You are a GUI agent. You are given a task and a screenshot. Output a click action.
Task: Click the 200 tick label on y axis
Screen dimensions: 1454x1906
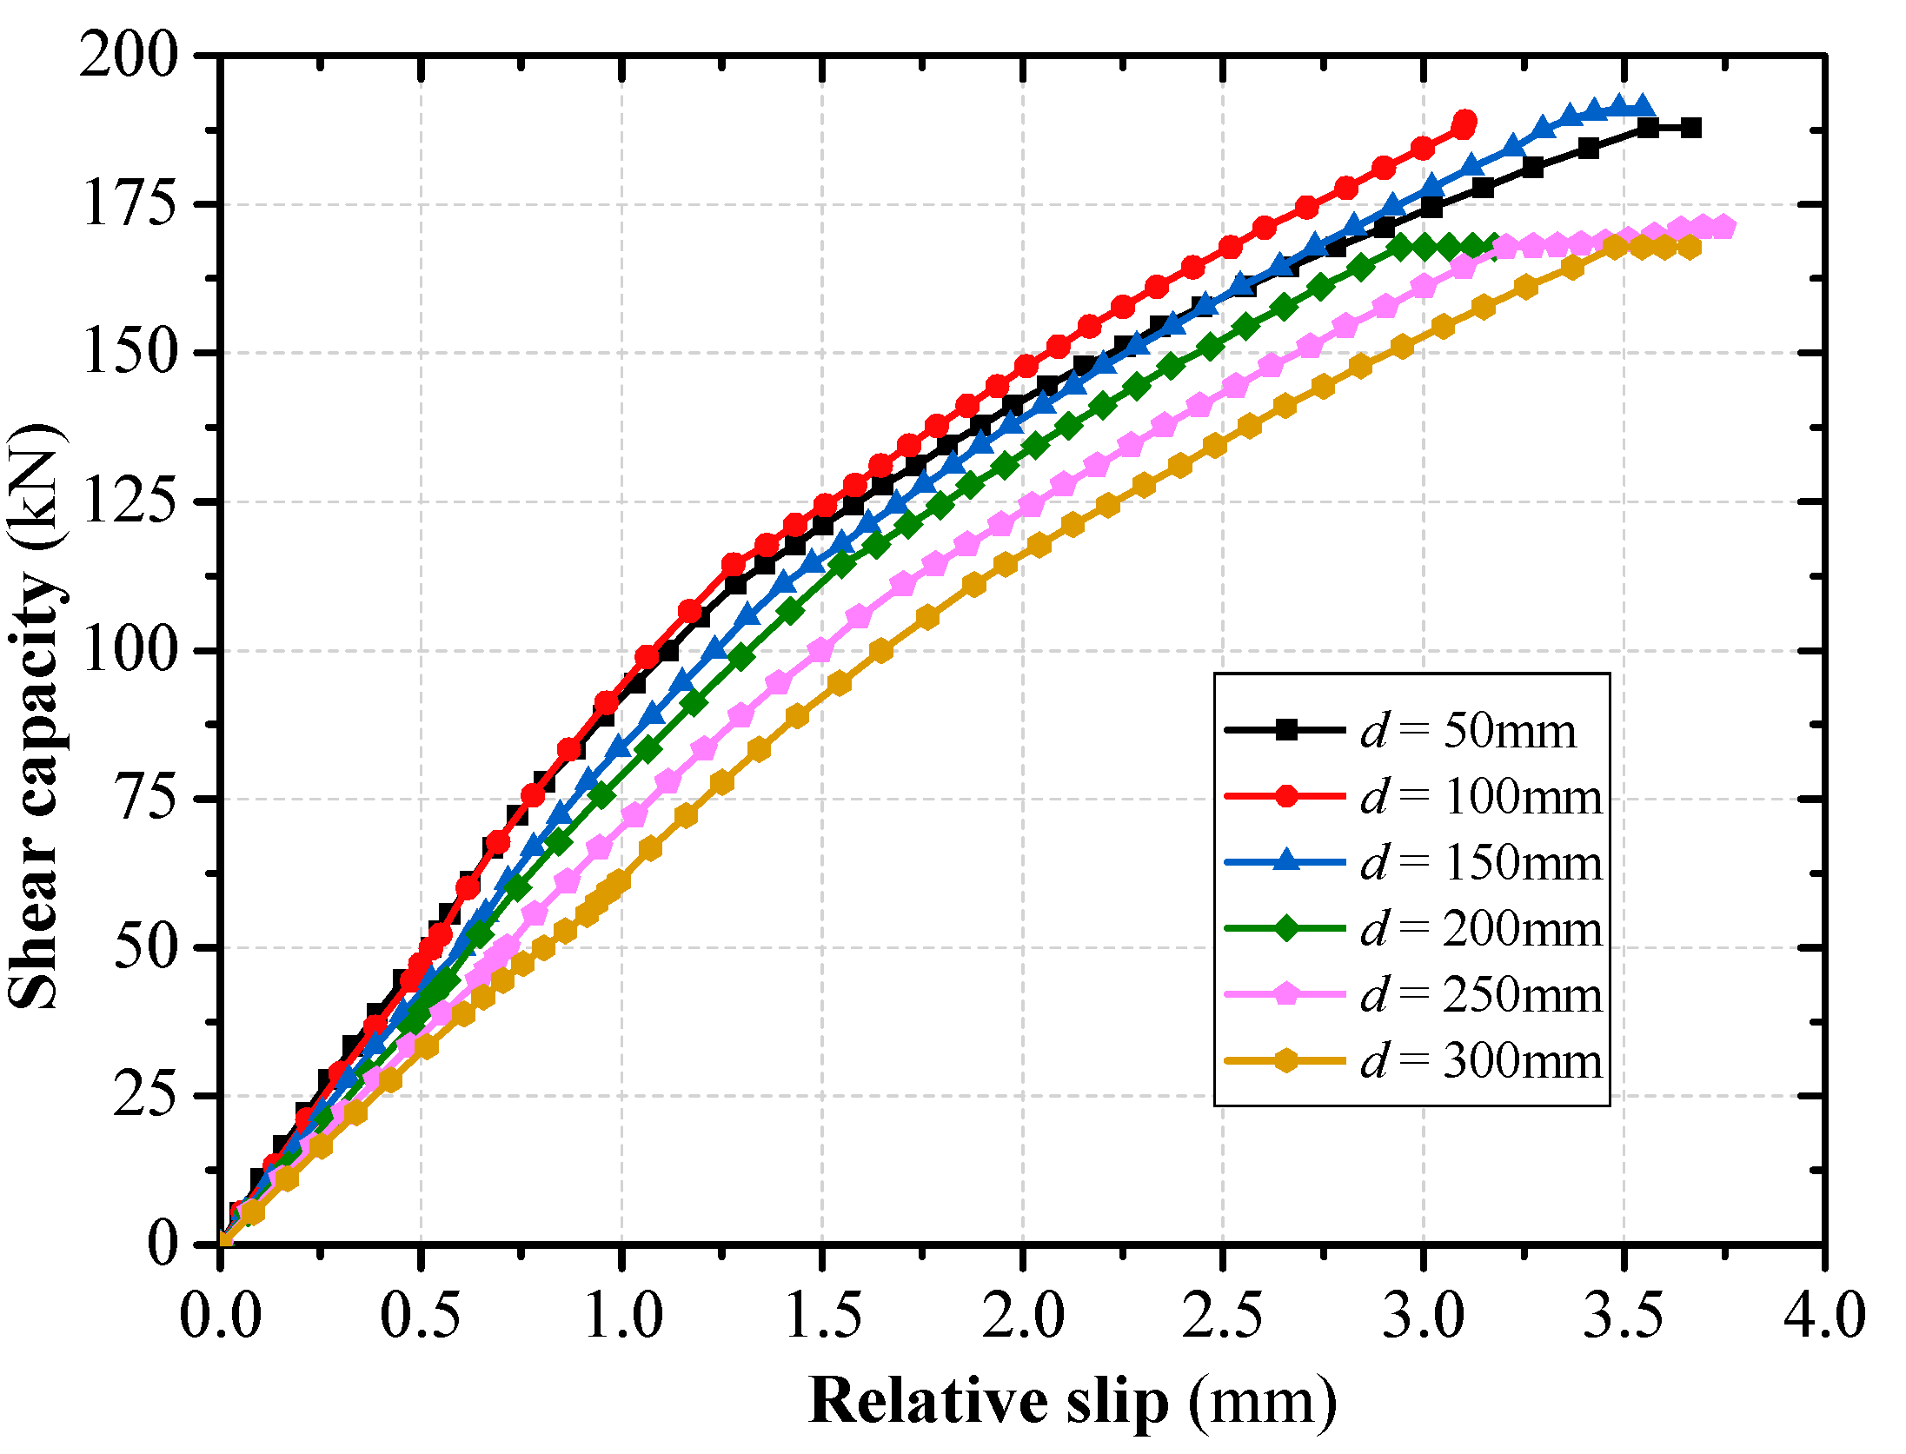[129, 56]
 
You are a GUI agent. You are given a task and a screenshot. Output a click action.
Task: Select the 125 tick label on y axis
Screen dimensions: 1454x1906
[129, 502]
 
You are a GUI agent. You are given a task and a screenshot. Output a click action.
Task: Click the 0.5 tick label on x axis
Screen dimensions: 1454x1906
[421, 1315]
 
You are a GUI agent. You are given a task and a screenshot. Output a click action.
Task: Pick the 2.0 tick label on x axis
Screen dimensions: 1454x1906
[1023, 1315]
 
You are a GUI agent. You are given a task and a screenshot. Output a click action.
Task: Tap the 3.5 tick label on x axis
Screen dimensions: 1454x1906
[1624, 1315]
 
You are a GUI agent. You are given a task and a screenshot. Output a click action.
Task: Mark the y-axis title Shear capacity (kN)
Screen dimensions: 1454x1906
[35, 717]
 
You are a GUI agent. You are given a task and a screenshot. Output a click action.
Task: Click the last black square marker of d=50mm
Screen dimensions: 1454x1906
[1690, 129]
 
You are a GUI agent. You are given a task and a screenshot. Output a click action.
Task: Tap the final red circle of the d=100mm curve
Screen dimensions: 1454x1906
[1464, 122]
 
